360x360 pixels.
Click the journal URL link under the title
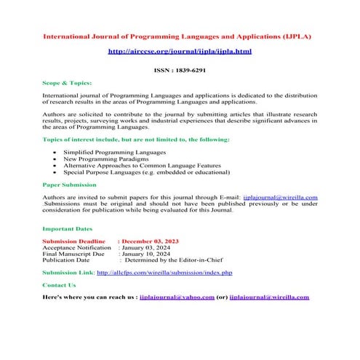point(179,52)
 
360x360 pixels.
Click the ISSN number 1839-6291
point(179,71)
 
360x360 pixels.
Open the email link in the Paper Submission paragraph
point(280,197)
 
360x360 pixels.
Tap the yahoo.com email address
point(177,297)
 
